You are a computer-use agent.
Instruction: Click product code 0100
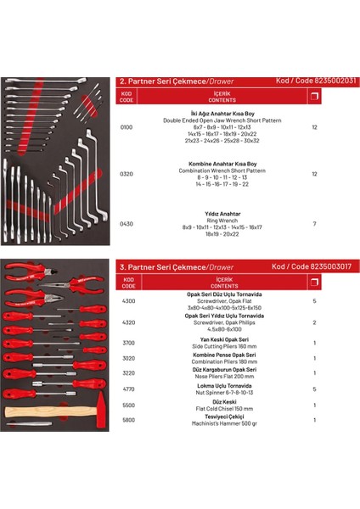[x=127, y=126]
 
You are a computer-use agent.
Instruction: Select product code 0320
[x=127, y=174]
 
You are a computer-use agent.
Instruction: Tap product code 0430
[x=127, y=224]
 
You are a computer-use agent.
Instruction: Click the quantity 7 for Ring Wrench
[x=315, y=224]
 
